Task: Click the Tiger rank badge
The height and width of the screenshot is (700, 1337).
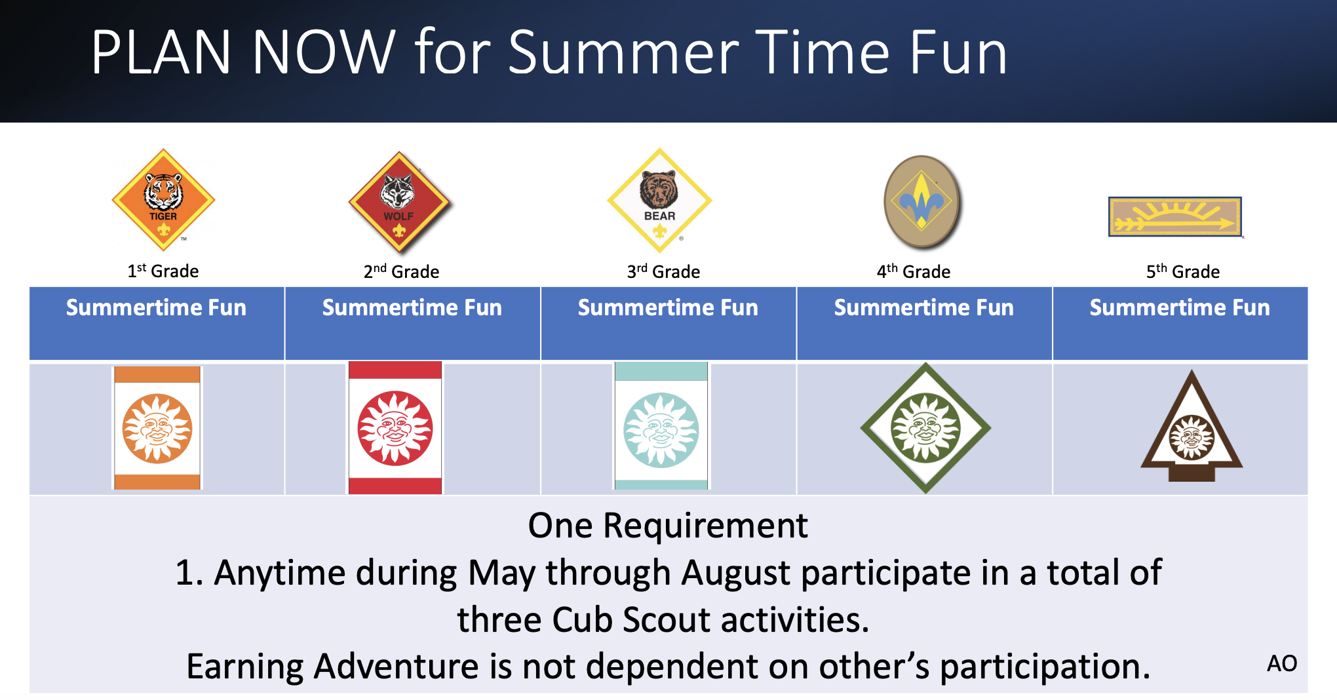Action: coord(163,200)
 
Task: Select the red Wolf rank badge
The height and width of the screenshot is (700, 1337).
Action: coord(399,202)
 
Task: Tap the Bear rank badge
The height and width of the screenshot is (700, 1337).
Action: coord(659,201)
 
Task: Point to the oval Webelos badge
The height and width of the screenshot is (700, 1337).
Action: coord(922,202)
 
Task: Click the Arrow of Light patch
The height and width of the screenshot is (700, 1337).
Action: coord(1176,216)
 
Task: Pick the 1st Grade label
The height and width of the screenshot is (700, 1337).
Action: coord(163,270)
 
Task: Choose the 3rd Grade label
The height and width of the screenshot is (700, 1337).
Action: coord(663,271)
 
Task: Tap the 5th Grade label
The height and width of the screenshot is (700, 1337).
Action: coord(1183,271)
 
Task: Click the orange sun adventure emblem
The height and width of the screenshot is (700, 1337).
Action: coord(157,428)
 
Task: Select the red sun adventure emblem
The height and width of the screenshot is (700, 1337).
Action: coord(395,427)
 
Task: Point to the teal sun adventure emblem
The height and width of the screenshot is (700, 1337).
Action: coord(661,426)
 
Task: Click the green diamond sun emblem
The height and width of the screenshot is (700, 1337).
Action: coord(925,428)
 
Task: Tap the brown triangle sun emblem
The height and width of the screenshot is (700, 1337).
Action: coord(1192,426)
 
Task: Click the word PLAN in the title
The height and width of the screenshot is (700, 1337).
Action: coord(161,52)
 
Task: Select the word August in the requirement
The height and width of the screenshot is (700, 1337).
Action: coord(736,573)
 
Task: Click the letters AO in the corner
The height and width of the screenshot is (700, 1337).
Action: coord(1282,663)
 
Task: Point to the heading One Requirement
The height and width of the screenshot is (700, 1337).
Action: coord(668,526)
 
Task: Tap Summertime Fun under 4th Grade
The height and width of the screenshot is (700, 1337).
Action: coord(923,307)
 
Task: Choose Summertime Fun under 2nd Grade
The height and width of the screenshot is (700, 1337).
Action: coord(412,307)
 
